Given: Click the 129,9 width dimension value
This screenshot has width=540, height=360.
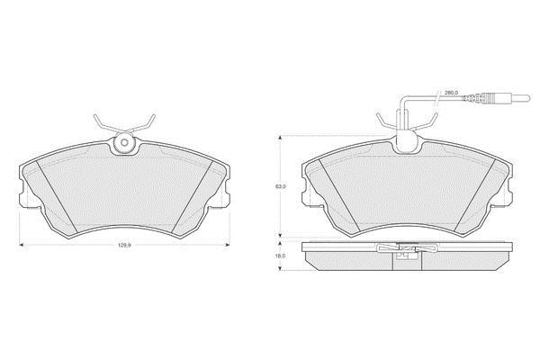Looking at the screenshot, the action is click(124, 245).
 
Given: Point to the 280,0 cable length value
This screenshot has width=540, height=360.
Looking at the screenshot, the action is click(451, 93).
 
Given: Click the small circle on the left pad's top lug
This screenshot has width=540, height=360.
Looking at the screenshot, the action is click(124, 142).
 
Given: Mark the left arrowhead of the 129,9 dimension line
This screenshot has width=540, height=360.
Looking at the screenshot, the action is click(21, 245).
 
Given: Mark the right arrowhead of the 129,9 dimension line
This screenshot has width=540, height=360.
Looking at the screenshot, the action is click(228, 245).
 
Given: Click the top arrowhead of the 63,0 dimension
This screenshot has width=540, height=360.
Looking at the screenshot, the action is click(281, 138).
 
